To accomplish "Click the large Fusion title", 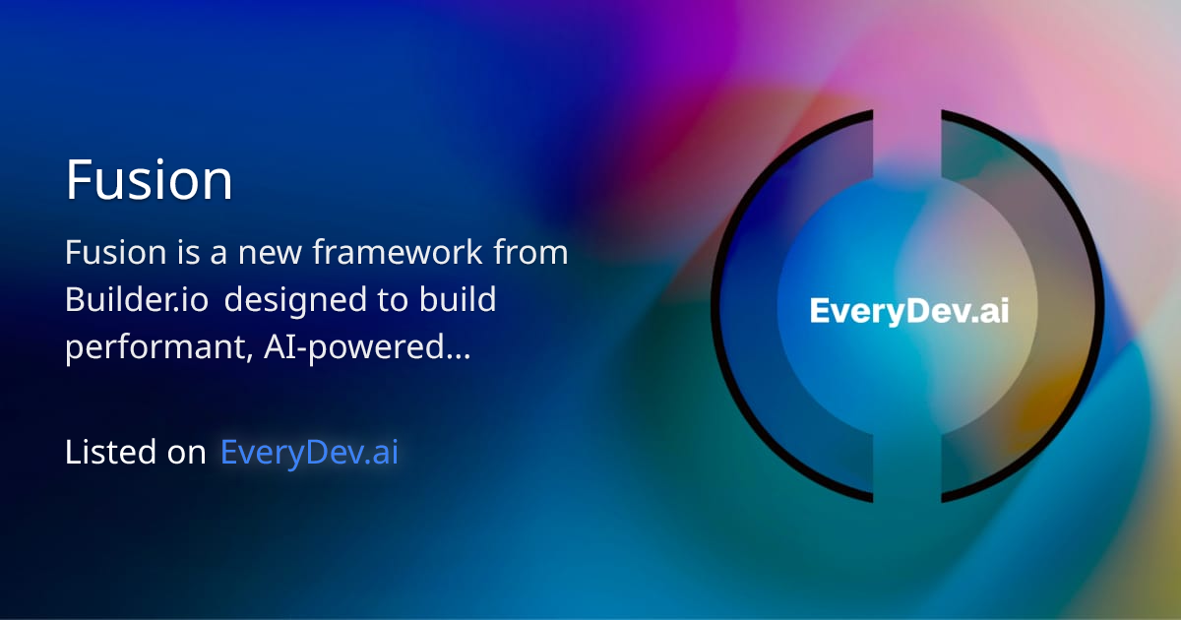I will point(149,180).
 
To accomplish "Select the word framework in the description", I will point(398,253).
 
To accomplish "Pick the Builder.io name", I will point(137,300).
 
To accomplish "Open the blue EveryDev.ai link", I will point(309,453).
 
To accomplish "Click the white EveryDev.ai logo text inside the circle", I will point(908,311).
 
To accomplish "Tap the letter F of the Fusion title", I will point(79,180).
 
